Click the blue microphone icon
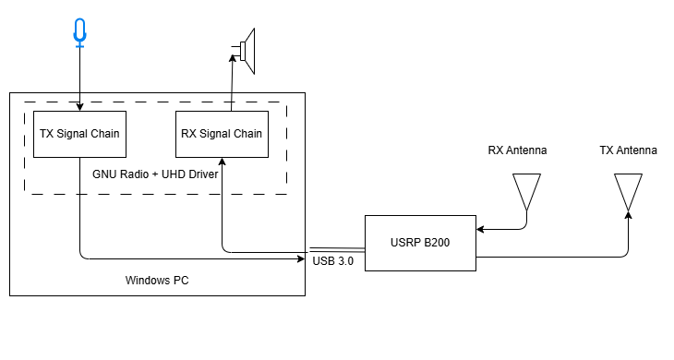pyautogui.click(x=80, y=32)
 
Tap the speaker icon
pyautogui.click(x=247, y=50)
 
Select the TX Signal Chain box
pyautogui.click(x=79, y=134)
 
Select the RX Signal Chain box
pyautogui.click(x=222, y=134)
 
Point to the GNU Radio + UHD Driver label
pyautogui.click(x=155, y=174)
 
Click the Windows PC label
pyautogui.click(x=156, y=279)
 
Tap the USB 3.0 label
pyautogui.click(x=333, y=262)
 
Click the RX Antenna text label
pyautogui.click(x=517, y=150)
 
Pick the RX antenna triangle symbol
pyautogui.click(x=527, y=190)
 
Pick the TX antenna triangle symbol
pyautogui.click(x=629, y=190)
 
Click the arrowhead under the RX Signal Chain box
pyautogui.click(x=223, y=162)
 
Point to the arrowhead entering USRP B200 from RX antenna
pyautogui.click(x=481, y=229)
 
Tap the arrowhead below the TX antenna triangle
pyautogui.click(x=629, y=215)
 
